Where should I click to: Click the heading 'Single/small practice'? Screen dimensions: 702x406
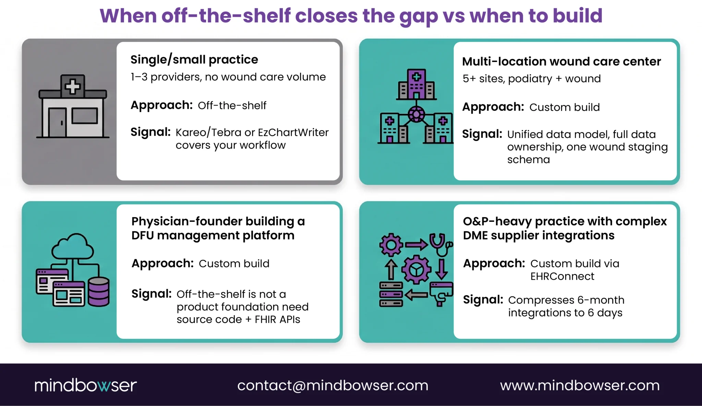coord(194,60)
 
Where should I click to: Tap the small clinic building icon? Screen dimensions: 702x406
coord(73,106)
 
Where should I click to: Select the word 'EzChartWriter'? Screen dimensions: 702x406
coord(293,132)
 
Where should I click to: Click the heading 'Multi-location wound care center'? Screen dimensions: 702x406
coord(561,61)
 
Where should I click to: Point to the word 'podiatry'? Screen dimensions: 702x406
coord(530,79)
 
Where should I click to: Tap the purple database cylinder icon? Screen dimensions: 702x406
coord(99,292)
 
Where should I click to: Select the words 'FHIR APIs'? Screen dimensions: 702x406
coord(277,319)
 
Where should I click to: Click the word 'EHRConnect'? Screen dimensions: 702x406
coord(562,276)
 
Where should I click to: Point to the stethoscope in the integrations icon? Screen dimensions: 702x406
coord(441,244)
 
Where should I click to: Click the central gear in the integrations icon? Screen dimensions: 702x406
coord(416,270)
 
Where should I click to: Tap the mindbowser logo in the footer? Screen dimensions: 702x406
coord(86,385)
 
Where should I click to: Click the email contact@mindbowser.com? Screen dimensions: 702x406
coord(332,385)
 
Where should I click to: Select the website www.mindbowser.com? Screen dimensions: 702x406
coord(580,385)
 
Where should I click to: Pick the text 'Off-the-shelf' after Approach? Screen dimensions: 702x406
coord(232,106)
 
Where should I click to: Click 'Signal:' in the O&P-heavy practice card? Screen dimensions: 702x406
coord(483,299)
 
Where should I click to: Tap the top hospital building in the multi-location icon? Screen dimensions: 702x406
coord(416,84)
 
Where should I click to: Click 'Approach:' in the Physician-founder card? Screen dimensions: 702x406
coord(162,263)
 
